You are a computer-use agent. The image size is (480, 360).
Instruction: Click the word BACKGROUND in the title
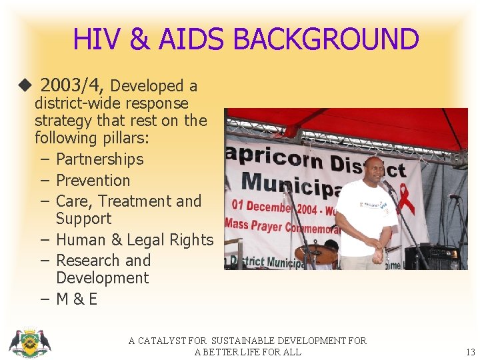[327, 40]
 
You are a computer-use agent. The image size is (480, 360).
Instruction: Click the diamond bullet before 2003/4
[25, 85]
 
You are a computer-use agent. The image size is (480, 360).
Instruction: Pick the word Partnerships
[99, 159]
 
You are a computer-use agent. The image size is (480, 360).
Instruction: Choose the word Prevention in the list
[93, 180]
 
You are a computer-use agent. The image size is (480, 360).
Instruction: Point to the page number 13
[471, 352]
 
